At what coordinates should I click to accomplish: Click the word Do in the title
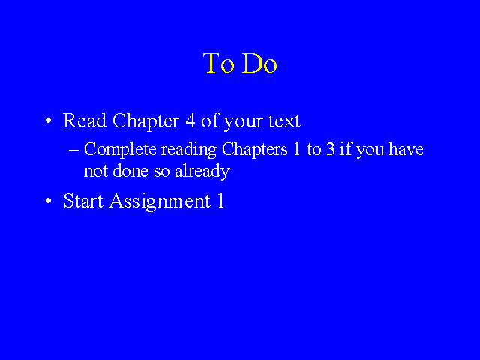[259, 63]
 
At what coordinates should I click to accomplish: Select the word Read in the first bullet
[85, 121]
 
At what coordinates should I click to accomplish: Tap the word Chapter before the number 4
[145, 121]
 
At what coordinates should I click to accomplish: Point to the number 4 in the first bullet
[190, 121]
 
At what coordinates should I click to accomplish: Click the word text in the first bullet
[284, 121]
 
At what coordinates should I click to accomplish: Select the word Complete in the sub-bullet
[120, 150]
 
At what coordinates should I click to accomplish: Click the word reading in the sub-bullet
[189, 150]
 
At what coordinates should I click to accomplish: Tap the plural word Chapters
[255, 150]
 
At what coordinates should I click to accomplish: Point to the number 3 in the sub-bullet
[330, 149]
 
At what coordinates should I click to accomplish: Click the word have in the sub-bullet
[406, 149]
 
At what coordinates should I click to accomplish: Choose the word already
[202, 172]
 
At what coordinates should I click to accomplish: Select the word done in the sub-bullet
[130, 170]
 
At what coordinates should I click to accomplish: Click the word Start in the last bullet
[83, 201]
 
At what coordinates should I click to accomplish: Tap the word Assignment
[160, 202]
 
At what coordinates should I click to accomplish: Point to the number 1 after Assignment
[220, 201]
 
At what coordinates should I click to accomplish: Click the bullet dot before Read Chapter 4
[48, 121]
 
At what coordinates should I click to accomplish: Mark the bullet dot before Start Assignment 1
[48, 201]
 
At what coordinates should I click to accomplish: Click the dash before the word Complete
[73, 150]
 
